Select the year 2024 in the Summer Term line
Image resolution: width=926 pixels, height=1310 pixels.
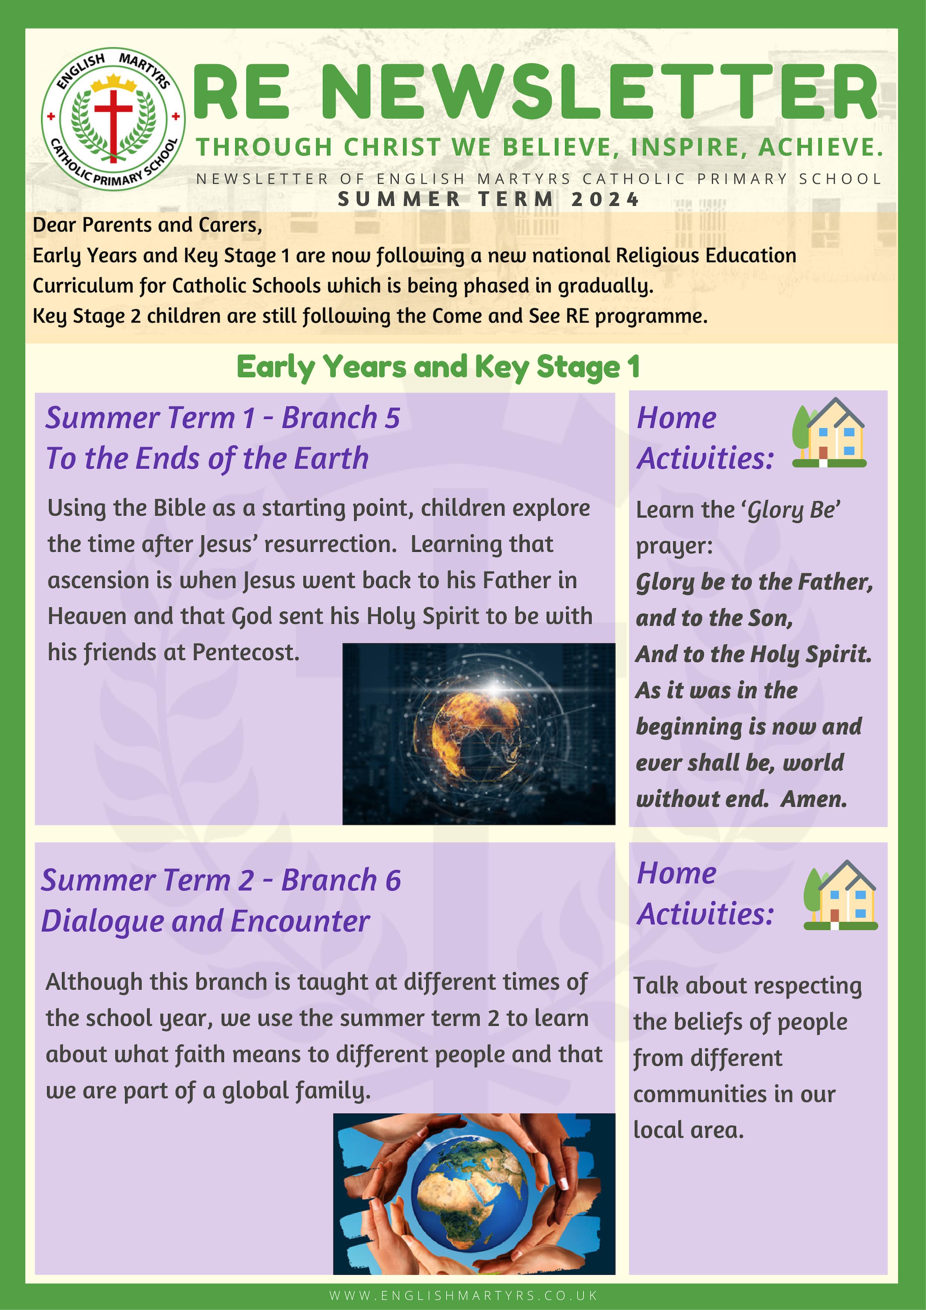(605, 199)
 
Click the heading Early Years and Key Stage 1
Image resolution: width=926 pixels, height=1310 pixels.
(438, 367)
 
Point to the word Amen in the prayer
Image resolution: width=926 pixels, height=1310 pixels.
(814, 799)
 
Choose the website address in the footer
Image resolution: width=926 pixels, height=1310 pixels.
(463, 1295)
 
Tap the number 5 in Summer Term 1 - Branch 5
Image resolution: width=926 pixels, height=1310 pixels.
(392, 418)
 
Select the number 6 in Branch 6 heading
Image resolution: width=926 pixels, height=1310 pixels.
(393, 880)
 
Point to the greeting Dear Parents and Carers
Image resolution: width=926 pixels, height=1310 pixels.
(147, 225)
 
